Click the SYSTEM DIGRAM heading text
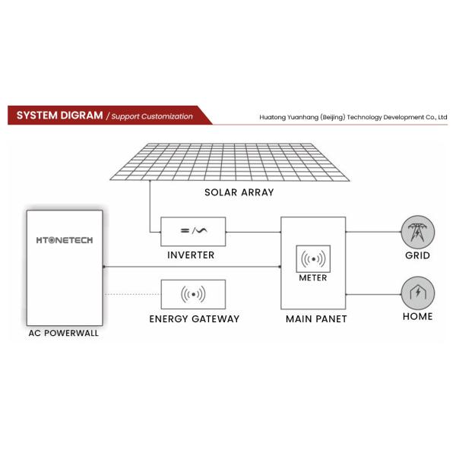coord(59,116)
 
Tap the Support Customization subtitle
coord(150,116)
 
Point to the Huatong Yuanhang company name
coord(353,118)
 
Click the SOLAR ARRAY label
coord(239,192)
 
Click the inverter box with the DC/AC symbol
coord(193,230)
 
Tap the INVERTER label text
coord(191,255)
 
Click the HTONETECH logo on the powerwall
coord(65,239)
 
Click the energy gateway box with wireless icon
coord(193,293)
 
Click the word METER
coord(313,277)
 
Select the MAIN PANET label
coord(315,318)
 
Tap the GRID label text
coord(417,255)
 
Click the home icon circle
coord(417,292)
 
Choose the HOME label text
coord(417,316)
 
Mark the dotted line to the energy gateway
coord(131,293)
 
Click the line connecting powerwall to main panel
coord(190,267)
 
